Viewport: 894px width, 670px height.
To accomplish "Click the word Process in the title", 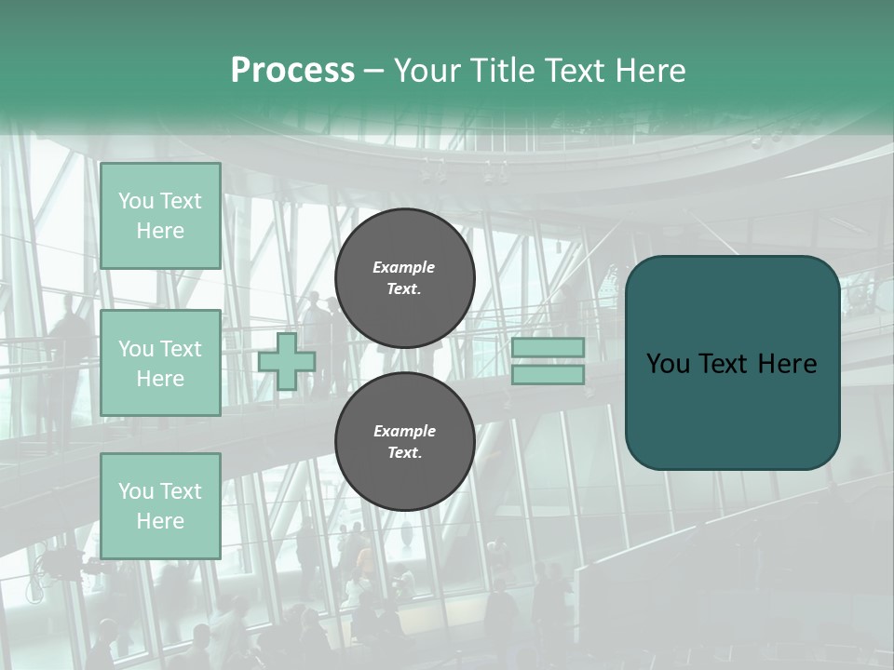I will [x=292, y=71].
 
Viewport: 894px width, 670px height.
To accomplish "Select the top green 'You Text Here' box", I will [x=160, y=216].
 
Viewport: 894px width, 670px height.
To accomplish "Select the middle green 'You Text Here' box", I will [x=160, y=363].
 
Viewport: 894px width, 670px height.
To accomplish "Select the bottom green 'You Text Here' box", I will [x=160, y=505].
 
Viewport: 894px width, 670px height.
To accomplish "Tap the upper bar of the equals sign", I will [x=549, y=347].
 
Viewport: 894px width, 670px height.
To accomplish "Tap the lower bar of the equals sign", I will [x=549, y=374].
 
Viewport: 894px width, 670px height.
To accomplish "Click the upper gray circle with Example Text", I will [x=405, y=278].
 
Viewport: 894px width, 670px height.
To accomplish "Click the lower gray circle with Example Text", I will [x=405, y=442].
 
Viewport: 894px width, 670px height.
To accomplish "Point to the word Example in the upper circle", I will [x=404, y=267].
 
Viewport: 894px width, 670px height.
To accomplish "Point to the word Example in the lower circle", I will [x=404, y=431].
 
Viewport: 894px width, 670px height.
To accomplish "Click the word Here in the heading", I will [x=653, y=71].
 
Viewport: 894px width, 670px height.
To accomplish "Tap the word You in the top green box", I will [x=136, y=201].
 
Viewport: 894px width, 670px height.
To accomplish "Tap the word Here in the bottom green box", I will [x=160, y=521].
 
